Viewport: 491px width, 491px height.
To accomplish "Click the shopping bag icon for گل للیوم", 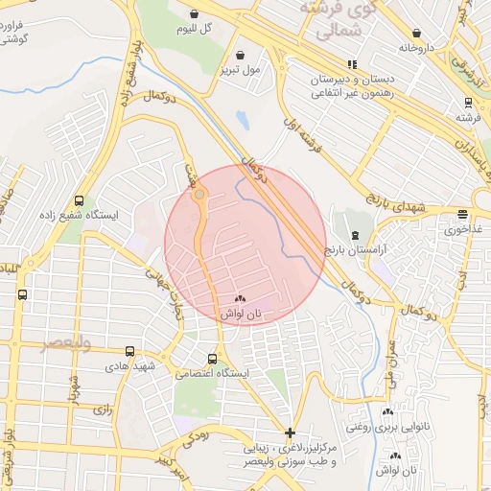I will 195,14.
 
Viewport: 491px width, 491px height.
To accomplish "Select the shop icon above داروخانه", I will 416,32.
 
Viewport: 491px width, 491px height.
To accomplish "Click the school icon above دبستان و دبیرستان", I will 352,64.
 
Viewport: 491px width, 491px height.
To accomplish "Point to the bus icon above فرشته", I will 468,103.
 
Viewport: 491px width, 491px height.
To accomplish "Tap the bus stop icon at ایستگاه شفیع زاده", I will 78,201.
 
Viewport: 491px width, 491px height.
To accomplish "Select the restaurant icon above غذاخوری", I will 463,215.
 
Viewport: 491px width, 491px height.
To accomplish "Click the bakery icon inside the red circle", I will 240,299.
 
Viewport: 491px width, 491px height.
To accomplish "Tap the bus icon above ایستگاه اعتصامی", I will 212,359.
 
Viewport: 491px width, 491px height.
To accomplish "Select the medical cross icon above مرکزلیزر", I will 291,433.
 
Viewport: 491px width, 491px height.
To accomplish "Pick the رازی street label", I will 100,409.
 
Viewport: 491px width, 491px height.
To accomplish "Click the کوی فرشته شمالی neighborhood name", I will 335,19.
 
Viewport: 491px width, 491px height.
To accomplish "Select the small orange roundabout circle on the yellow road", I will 199,195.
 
